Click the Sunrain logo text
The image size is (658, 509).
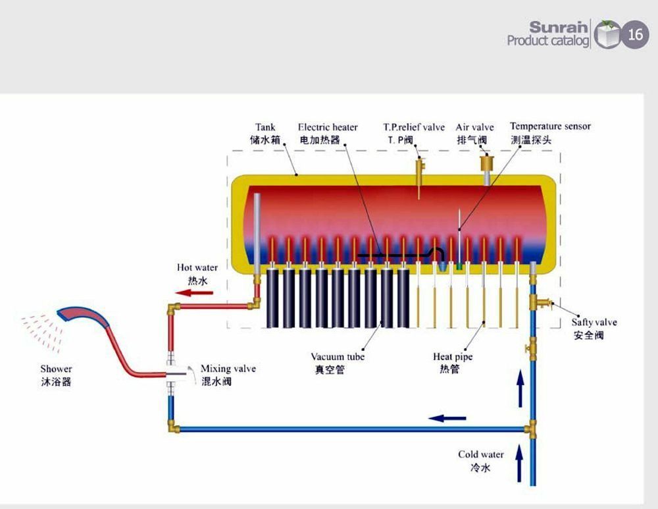tap(559, 28)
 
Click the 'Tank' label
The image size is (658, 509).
tap(265, 127)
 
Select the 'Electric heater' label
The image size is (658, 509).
tap(328, 127)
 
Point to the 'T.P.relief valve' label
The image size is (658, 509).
tap(414, 127)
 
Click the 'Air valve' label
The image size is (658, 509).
tap(474, 127)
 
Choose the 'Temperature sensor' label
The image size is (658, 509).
tap(550, 126)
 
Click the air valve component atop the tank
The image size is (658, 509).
tap(488, 162)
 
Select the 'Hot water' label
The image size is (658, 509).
tap(197, 268)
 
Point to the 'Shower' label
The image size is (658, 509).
tap(56, 369)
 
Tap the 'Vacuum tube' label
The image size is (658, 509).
tap(338, 357)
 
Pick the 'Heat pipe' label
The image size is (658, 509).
tap(453, 357)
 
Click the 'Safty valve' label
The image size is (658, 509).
tap(594, 323)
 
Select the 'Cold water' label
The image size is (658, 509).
tap(481, 454)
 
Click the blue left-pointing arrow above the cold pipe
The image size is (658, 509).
tap(447, 418)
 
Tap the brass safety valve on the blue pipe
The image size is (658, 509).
tap(540, 302)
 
